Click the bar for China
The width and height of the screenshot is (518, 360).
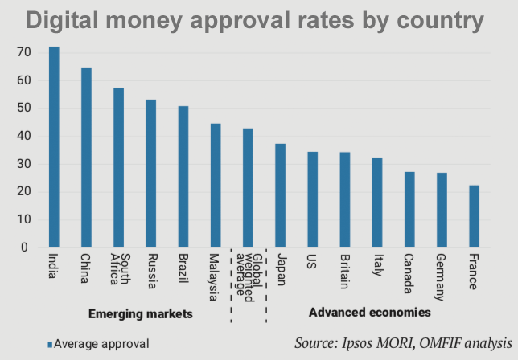point(86,157)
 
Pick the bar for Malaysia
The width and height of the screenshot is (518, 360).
point(216,186)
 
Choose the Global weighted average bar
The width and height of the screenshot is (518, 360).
point(248,188)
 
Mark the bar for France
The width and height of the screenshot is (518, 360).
point(474,216)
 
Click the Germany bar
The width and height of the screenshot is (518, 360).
point(442,211)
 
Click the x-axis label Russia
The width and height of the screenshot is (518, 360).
point(150,271)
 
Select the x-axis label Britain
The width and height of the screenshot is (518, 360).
point(344,271)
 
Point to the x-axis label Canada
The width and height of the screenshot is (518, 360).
point(409,272)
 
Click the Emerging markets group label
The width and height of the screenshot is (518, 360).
point(141,314)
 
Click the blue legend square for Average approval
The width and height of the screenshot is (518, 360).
point(50,344)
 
